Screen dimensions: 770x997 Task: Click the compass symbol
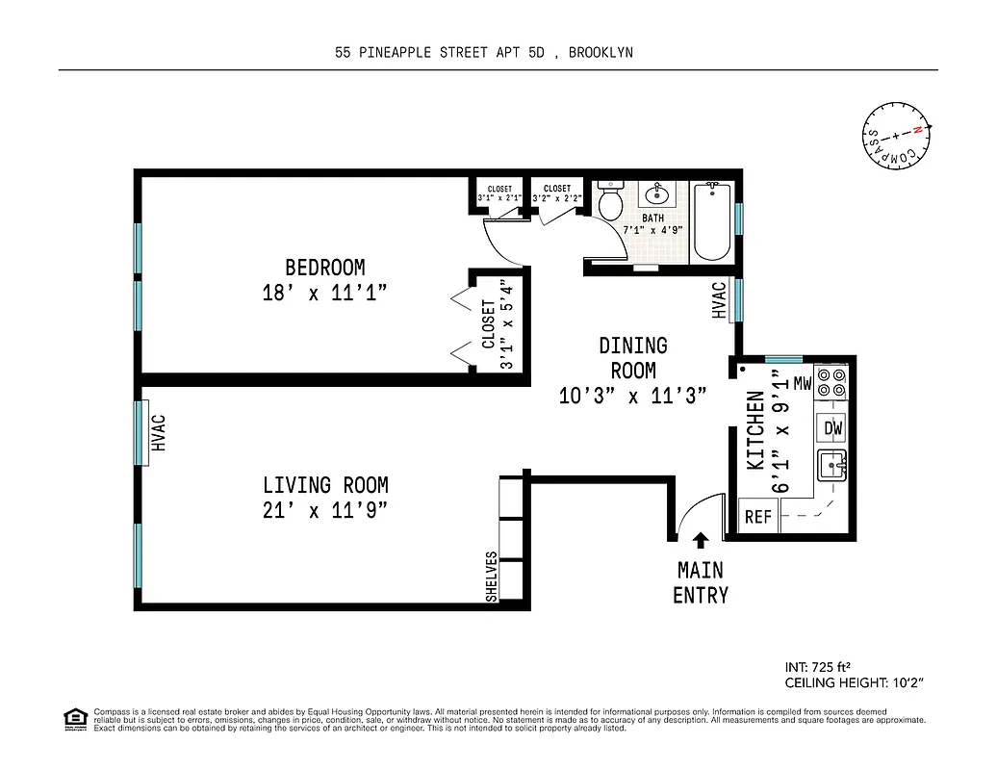pos(897,135)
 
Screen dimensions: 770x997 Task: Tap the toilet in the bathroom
pos(608,203)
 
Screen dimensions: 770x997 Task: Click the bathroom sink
pos(658,195)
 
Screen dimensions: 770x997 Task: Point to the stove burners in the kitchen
pos(831,383)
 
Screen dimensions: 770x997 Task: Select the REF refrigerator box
pos(758,517)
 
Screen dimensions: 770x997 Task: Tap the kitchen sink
pos(831,466)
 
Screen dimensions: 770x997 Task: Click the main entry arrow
pos(701,541)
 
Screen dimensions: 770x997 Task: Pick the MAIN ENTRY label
pos(701,582)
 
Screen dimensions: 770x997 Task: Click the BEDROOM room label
pos(324,268)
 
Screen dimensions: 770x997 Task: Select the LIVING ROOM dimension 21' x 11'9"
pos(325,511)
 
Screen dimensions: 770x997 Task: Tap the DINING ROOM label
pos(633,357)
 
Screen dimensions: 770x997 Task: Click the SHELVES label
pos(492,577)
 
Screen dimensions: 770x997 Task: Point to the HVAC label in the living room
pos(160,432)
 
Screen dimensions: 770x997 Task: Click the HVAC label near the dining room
pos(718,299)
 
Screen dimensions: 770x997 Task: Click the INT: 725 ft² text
pos(819,666)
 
